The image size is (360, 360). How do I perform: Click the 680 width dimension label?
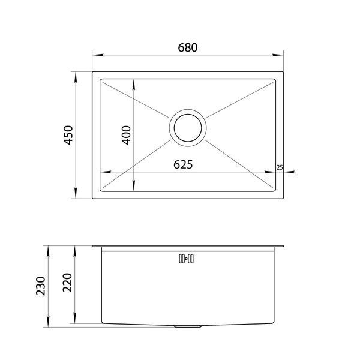[x=188, y=47]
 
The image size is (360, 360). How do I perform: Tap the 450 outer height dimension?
[x=68, y=135]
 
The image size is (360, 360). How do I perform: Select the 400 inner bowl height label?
[x=126, y=135]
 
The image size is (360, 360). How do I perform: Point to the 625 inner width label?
[x=183, y=164]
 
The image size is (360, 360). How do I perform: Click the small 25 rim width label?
[x=280, y=167]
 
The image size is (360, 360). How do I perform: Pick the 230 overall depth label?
[x=41, y=286]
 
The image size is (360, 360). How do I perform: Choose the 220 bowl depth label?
[x=67, y=283]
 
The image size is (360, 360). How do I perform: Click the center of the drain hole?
[x=188, y=128]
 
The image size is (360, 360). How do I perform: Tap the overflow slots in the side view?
[x=186, y=259]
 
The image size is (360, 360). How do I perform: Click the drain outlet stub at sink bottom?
[x=188, y=326]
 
